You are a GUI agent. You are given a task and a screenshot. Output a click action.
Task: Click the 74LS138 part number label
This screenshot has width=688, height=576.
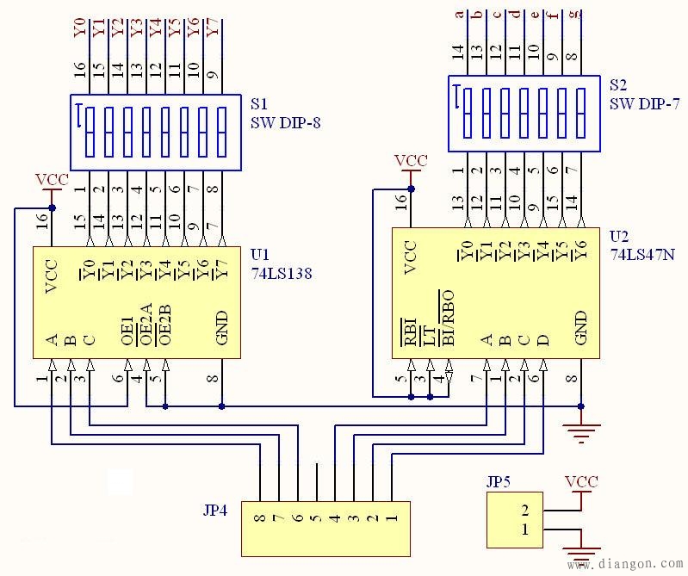282,273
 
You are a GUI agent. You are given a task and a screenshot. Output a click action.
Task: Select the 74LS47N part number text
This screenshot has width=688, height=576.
642,255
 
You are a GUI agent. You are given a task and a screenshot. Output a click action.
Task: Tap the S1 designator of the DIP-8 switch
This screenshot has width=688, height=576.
259,103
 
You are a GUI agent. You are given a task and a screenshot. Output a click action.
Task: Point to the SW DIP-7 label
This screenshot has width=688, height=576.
645,103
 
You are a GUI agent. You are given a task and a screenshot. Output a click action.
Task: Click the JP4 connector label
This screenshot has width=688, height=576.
215,511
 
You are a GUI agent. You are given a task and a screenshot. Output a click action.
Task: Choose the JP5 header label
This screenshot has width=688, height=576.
499,482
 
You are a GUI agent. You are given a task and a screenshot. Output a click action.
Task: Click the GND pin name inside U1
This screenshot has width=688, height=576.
222,328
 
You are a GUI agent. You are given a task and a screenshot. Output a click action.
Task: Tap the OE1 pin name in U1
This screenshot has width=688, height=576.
127,331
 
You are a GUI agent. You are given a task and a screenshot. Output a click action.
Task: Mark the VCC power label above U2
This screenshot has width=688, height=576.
411,160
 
